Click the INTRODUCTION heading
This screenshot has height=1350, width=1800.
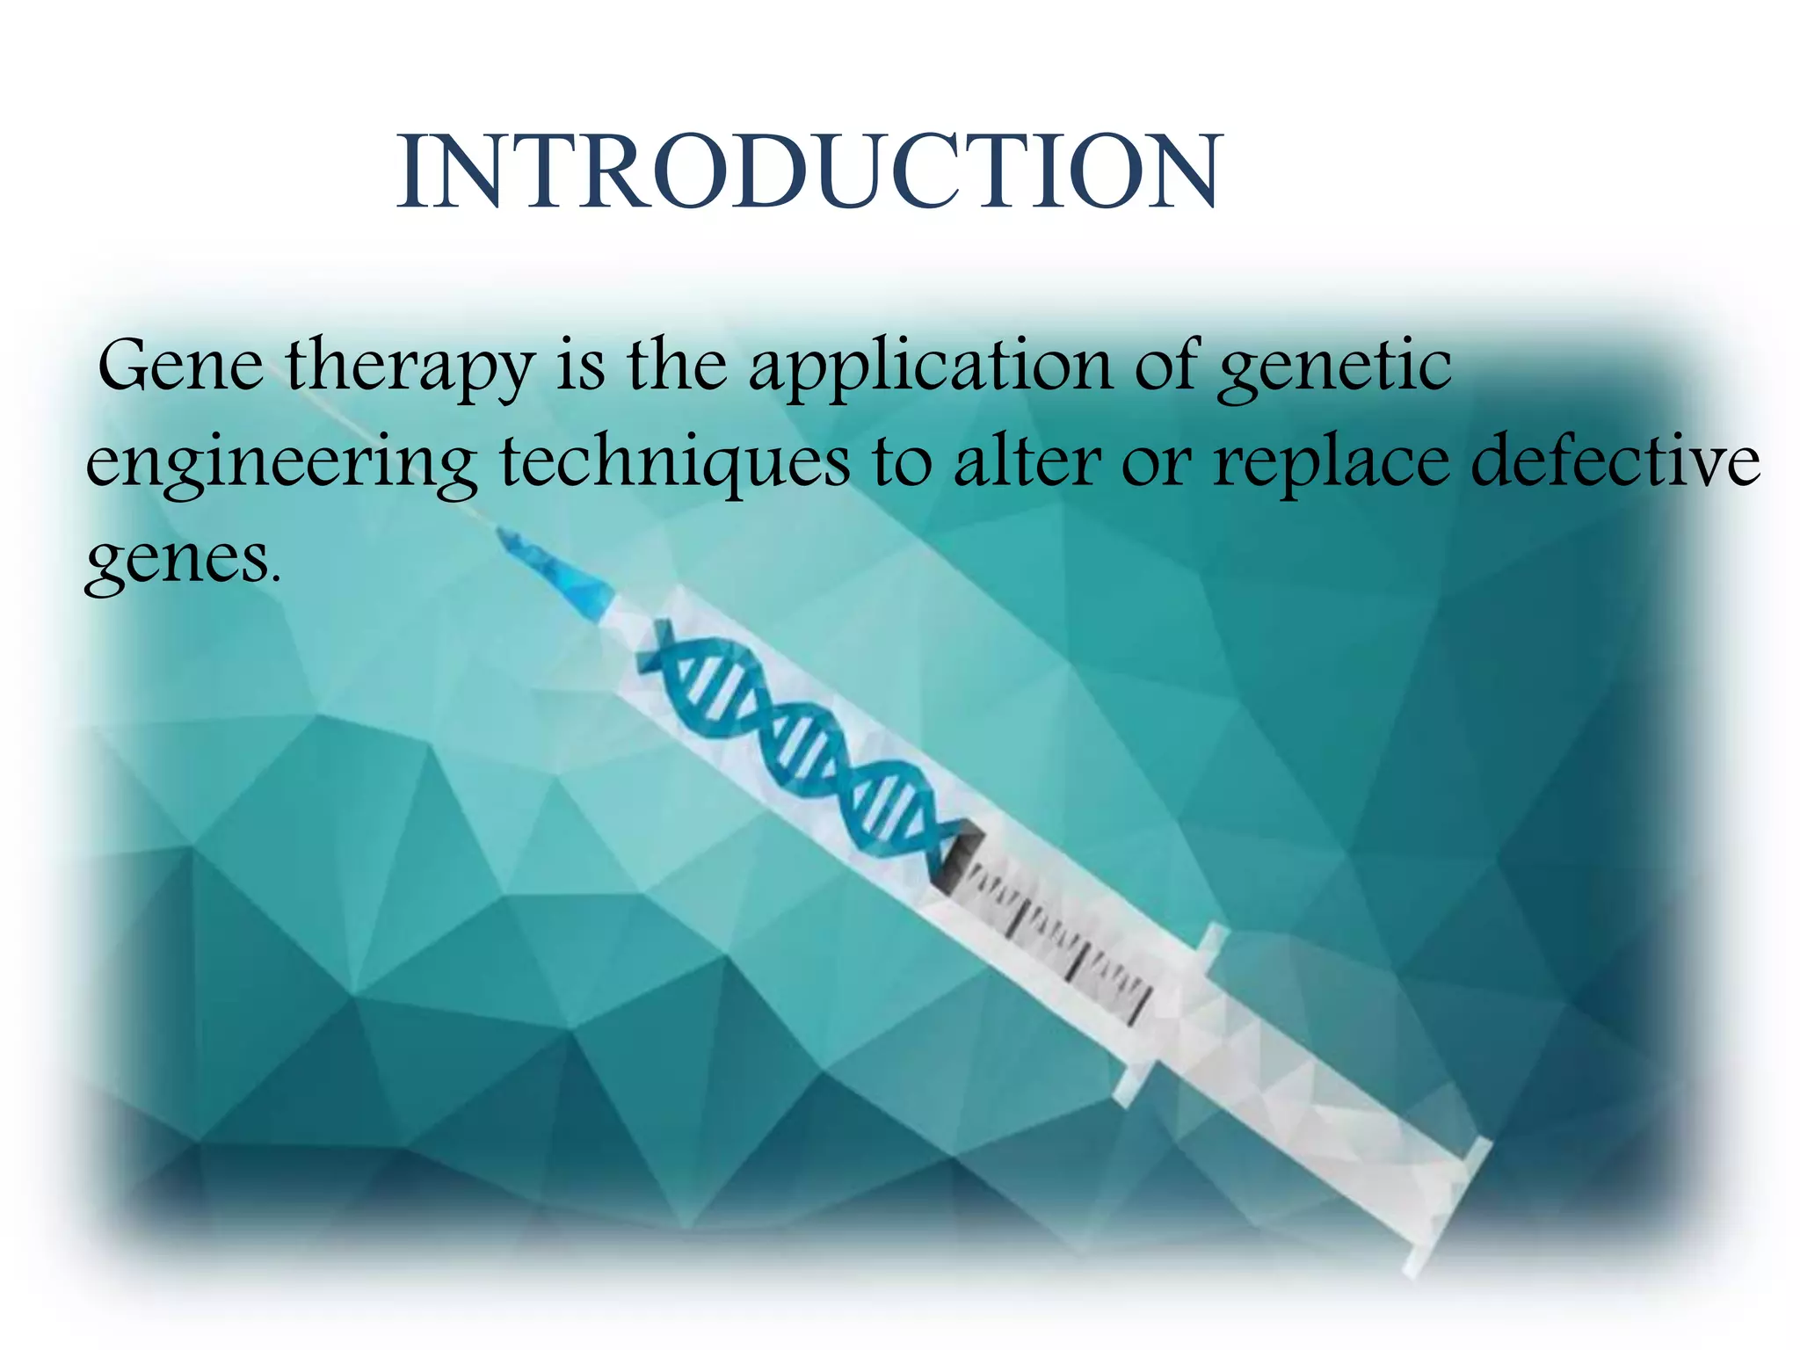[809, 172]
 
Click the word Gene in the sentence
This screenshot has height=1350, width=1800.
[180, 365]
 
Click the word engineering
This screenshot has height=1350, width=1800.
[281, 464]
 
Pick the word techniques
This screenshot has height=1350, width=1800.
[675, 464]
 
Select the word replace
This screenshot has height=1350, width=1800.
[1331, 464]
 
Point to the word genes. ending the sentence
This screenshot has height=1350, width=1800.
[183, 561]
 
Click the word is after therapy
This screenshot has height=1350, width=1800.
[580, 365]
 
